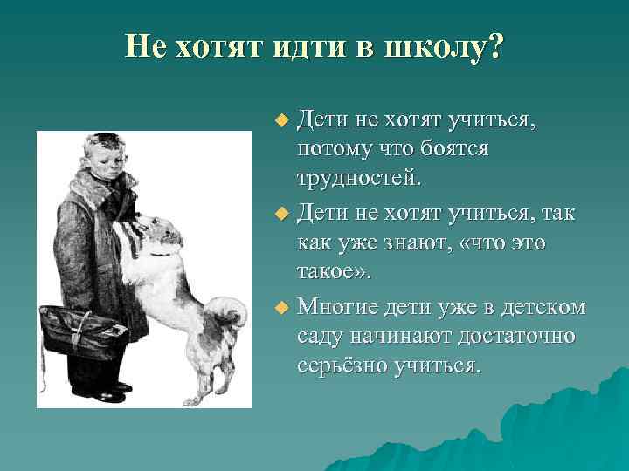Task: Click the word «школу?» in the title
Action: click(x=445, y=46)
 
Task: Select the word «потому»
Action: click(x=334, y=148)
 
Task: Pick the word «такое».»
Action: click(x=334, y=273)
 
